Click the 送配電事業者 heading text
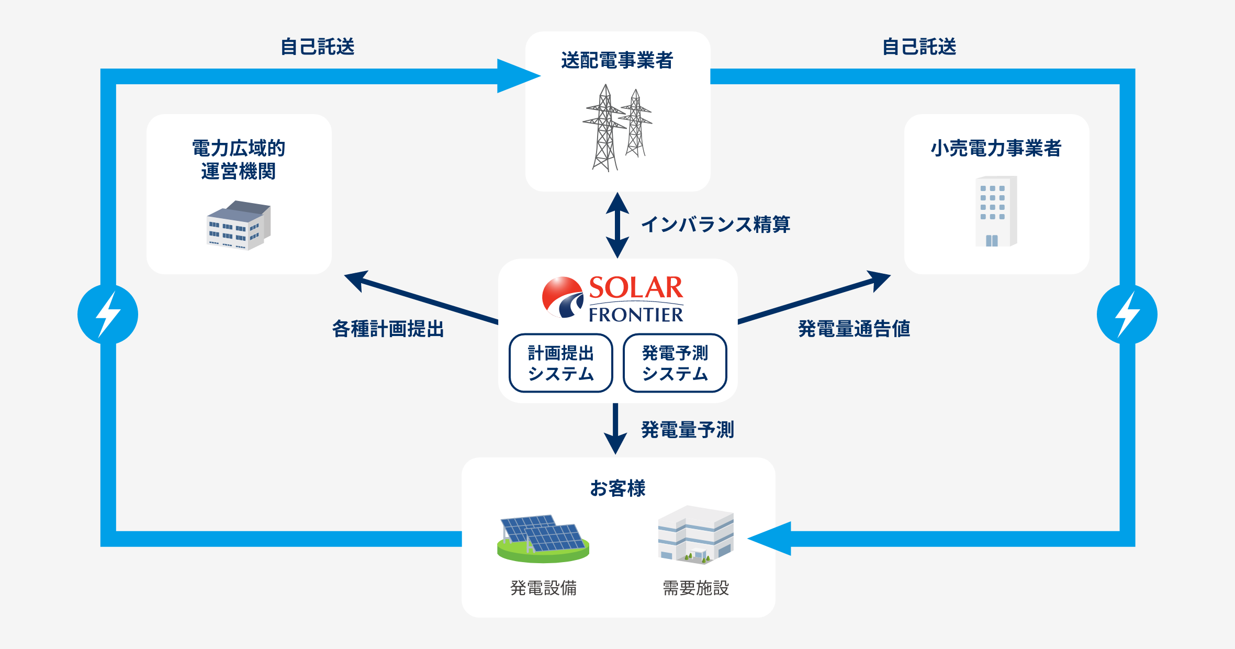point(617,60)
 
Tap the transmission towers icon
point(617,128)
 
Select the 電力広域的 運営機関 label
point(239,159)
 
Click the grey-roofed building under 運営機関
point(239,225)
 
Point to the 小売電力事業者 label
point(996,148)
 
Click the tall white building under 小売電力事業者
point(996,211)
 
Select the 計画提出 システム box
point(560,363)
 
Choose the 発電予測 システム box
point(675,363)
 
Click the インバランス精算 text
point(715,224)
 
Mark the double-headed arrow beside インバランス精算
point(618,225)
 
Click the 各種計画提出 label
point(388,329)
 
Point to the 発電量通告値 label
point(854,329)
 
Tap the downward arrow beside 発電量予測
point(615,428)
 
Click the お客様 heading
point(618,488)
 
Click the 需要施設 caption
point(695,588)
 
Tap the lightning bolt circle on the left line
point(108,315)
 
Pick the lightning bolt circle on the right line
point(1127,315)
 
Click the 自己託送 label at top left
point(318,47)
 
